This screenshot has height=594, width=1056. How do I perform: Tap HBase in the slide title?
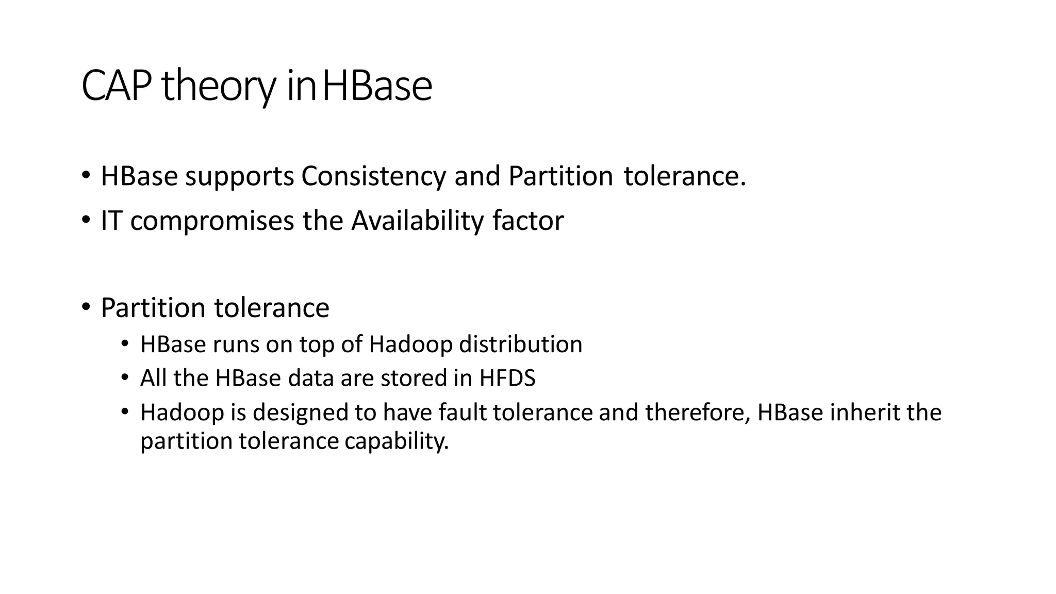[376, 86]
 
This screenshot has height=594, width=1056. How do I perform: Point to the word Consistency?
[373, 177]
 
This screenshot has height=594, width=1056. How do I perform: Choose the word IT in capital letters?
[111, 221]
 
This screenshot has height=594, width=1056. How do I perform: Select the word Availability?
[418, 221]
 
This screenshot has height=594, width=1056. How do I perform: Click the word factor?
[528, 221]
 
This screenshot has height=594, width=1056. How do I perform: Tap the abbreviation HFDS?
[507, 378]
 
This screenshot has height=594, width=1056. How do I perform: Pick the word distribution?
[521, 344]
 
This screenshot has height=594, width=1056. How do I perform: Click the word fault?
[463, 412]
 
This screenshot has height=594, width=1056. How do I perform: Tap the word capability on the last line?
[397, 442]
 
